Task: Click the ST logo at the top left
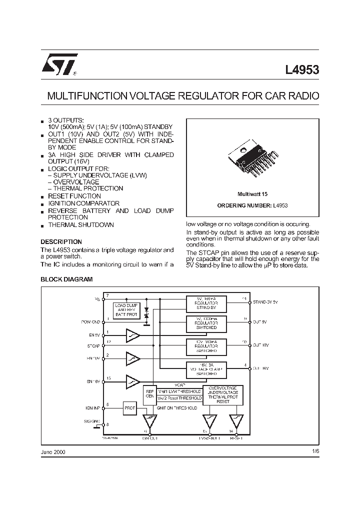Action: coord(57,64)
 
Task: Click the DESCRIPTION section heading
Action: coord(61,241)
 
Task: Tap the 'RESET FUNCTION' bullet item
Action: coord(74,196)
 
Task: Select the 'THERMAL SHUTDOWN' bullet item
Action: coord(81,225)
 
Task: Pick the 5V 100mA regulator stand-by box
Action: coord(206,303)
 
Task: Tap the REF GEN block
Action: coord(149,394)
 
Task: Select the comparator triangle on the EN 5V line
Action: coord(132,335)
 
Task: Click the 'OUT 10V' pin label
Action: coord(261,345)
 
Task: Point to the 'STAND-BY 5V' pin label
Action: coord(265,302)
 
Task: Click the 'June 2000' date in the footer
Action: coord(52,451)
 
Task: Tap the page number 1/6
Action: coord(314,451)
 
